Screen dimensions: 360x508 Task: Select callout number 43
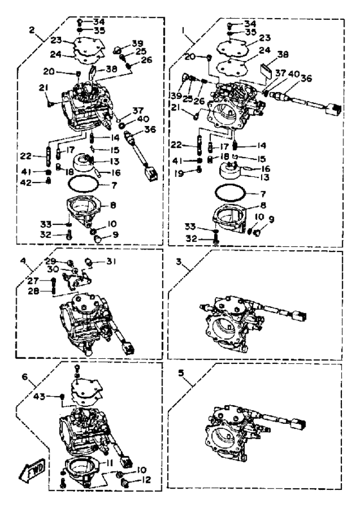pyautogui.click(x=41, y=396)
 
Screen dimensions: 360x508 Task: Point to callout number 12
pyautogui.click(x=147, y=480)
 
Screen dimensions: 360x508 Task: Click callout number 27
pyautogui.click(x=33, y=280)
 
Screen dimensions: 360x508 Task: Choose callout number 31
pyautogui.click(x=111, y=261)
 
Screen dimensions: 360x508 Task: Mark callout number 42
pyautogui.click(x=26, y=183)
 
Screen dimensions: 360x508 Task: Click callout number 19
pyautogui.click(x=179, y=173)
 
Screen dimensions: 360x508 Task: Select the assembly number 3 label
pyautogui.click(x=179, y=261)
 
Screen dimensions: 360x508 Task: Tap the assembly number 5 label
pyautogui.click(x=181, y=373)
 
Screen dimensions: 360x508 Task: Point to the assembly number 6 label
pyautogui.click(x=25, y=376)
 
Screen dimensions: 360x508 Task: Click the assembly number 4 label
pyautogui.click(x=22, y=260)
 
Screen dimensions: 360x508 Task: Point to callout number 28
pyautogui.click(x=33, y=291)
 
